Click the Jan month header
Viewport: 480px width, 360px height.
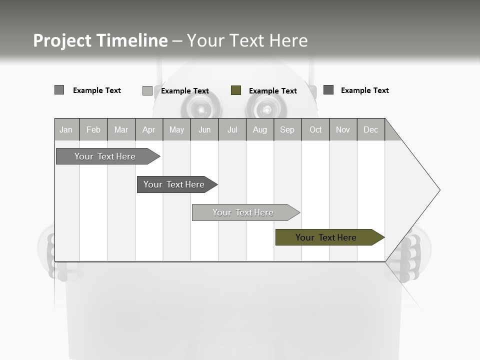tap(66, 129)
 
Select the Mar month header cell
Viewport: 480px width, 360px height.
tap(121, 129)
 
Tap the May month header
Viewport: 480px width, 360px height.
tap(176, 129)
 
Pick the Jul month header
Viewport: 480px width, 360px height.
tap(232, 129)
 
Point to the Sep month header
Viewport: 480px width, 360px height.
tap(287, 129)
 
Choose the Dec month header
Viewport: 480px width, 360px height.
tap(370, 129)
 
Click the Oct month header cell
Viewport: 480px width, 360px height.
tap(315, 129)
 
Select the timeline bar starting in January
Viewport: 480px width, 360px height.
tap(105, 156)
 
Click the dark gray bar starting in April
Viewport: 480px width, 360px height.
tap(174, 184)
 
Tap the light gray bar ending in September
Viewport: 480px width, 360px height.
tap(243, 212)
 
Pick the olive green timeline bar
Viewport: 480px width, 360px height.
tap(326, 237)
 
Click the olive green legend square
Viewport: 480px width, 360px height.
tap(236, 90)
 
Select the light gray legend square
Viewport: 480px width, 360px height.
tap(147, 90)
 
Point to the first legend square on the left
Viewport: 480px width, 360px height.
tap(59, 90)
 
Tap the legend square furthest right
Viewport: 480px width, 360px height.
tap(328, 90)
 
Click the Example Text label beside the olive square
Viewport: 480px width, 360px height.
tap(272, 91)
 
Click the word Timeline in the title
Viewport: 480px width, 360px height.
tap(131, 40)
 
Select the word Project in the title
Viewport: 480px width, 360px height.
tap(62, 40)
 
